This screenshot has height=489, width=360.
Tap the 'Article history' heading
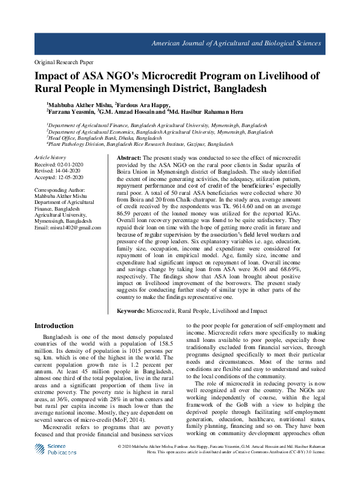[x=50, y=157]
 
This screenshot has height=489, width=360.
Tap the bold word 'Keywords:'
[x=131, y=310]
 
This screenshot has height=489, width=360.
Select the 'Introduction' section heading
[x=54, y=326]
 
